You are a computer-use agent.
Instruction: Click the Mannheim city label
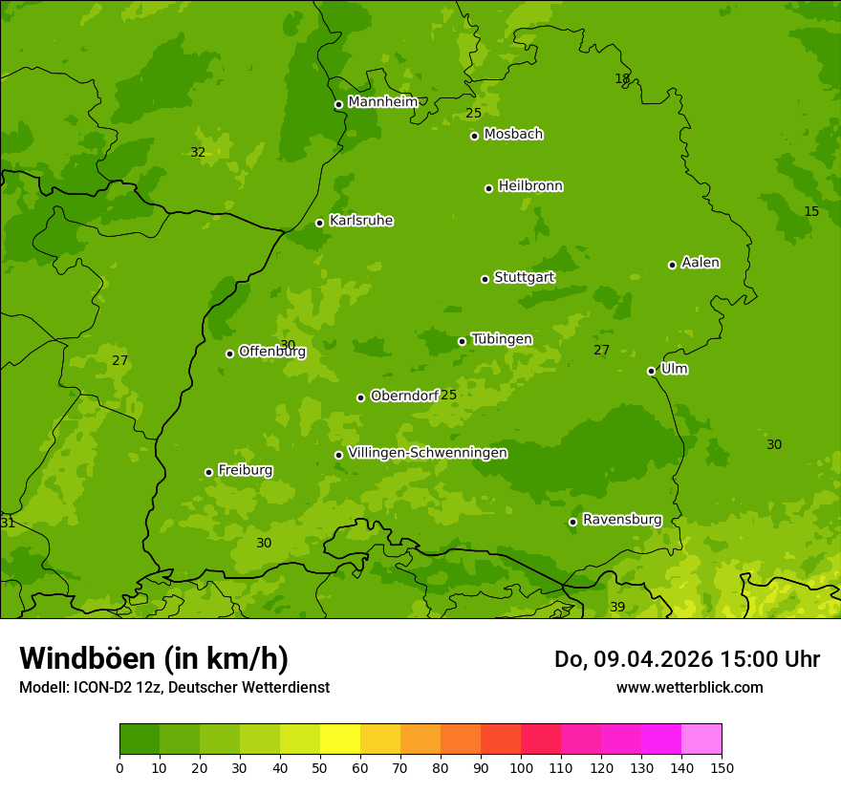point(382,102)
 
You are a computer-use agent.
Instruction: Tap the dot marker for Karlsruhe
point(319,224)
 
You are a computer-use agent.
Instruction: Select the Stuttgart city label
point(524,278)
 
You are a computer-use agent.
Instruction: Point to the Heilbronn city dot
point(488,188)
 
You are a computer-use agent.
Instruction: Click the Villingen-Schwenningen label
point(427,453)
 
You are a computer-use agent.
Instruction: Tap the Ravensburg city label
point(621,520)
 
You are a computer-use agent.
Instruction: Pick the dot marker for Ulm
point(651,371)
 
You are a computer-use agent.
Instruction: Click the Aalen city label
point(701,263)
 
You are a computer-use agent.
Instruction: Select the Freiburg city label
point(245,470)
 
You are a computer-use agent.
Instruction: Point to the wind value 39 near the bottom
point(617,608)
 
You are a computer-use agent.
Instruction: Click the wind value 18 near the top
point(622,79)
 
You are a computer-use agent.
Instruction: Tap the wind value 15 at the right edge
point(811,211)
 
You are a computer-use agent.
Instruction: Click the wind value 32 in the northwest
point(198,152)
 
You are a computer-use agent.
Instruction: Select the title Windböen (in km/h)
point(154,658)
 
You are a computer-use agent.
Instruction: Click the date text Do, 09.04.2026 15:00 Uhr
point(686,659)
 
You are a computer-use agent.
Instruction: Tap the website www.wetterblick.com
point(689,687)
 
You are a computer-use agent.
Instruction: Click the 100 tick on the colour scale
point(521,767)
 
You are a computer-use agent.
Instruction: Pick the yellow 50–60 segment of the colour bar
point(340,739)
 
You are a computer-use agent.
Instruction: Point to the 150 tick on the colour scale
point(721,767)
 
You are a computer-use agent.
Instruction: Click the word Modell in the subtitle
point(42,687)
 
